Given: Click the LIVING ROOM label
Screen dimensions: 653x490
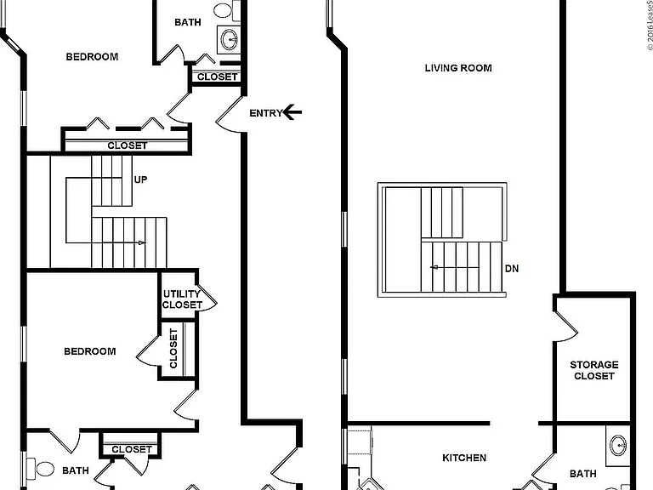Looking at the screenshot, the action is click(458, 68).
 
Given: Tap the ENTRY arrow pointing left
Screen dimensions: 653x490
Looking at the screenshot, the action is click(292, 112).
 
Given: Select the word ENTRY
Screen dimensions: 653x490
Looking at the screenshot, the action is click(265, 113).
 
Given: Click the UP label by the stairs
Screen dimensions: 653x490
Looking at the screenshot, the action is click(140, 179).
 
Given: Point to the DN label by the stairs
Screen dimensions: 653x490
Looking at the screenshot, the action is click(512, 269).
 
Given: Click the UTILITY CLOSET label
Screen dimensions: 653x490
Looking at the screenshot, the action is click(182, 299).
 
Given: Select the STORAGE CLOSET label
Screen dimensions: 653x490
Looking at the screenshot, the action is click(593, 370).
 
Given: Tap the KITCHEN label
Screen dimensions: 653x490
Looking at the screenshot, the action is click(464, 458).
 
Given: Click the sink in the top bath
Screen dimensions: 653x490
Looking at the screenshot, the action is click(230, 40).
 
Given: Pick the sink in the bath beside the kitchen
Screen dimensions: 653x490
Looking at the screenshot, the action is click(618, 446).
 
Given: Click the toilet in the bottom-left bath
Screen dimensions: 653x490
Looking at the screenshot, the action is click(41, 469).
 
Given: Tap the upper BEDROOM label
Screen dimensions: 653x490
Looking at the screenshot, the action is click(92, 57).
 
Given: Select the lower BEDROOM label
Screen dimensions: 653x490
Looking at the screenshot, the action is click(90, 351).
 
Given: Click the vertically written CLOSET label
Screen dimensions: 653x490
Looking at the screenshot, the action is click(173, 348).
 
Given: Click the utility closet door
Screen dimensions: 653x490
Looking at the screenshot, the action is click(208, 297).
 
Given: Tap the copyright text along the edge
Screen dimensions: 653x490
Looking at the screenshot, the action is click(650, 25).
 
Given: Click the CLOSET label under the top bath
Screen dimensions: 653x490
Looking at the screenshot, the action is click(217, 77).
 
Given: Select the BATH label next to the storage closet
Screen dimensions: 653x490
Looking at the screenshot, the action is click(582, 474).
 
